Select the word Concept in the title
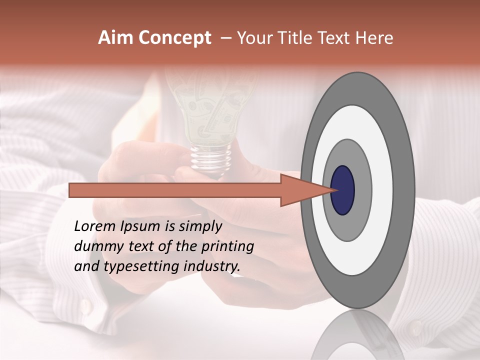174,38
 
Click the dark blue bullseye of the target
343,190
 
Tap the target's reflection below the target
357,335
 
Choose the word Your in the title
254,38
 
